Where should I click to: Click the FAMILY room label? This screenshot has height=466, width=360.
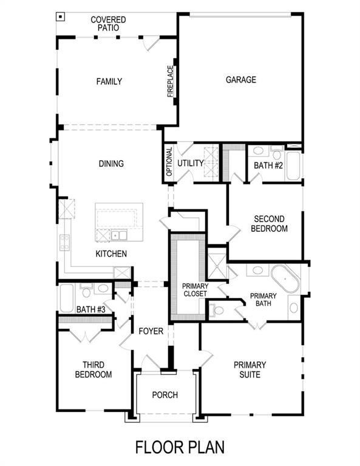109,81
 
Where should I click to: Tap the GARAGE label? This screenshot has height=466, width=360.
241,79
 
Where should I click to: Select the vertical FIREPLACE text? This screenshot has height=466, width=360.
171,81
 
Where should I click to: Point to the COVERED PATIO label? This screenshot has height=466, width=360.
108,24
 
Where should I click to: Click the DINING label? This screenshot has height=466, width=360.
112,163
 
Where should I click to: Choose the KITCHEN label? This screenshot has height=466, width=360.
110,253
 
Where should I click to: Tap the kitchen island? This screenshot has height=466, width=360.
119,222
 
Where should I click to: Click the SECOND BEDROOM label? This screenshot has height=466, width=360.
271,224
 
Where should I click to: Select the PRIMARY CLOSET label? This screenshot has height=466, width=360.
195,290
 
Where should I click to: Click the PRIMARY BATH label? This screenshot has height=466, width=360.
263,300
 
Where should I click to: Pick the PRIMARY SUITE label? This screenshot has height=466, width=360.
250,370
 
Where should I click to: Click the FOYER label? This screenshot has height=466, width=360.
151,331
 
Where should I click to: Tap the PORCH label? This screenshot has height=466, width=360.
165,395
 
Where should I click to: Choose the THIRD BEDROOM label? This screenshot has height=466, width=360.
93,370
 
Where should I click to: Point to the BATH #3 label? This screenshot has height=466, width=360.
91,310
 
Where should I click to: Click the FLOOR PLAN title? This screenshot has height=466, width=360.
180,448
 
